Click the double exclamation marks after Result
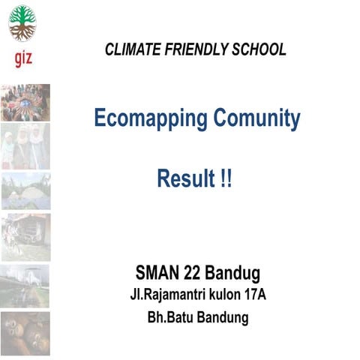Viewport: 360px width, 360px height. (x=224, y=179)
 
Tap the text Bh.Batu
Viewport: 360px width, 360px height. (x=166, y=317)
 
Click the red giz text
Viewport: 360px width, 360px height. (x=23, y=58)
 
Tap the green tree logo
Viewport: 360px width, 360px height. (x=22, y=22)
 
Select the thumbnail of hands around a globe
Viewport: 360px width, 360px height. (x=25, y=103)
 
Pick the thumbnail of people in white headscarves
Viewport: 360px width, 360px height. (x=25, y=146)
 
